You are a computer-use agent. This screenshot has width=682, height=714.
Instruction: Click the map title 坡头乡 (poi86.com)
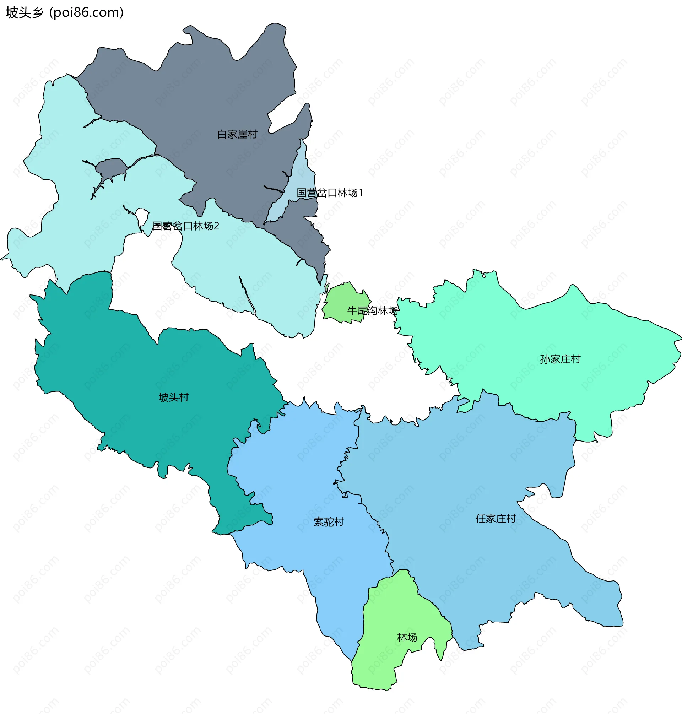[x=65, y=13]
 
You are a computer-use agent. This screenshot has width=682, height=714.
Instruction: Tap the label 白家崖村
[x=237, y=135]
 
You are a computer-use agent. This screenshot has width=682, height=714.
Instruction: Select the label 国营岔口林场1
[x=330, y=193]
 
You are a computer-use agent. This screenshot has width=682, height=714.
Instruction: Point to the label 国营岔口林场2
[x=185, y=226]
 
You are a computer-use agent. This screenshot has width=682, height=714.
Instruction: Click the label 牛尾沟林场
[x=372, y=310]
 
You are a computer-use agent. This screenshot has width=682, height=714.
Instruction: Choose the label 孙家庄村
[x=560, y=359]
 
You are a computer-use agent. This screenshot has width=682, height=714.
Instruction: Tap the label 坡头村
[x=174, y=397]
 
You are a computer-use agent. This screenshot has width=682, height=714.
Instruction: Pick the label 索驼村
[x=329, y=522]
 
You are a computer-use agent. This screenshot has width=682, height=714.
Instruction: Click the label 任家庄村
[x=496, y=519]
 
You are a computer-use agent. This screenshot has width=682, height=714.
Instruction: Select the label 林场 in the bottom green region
[x=407, y=637]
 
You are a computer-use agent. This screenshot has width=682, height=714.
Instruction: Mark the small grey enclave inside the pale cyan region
[x=111, y=167]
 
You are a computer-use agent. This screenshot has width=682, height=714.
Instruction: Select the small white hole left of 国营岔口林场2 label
[x=142, y=217]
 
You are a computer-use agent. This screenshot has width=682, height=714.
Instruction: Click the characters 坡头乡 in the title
[x=25, y=13]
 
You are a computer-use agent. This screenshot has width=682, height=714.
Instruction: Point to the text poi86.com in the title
[x=86, y=13]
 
